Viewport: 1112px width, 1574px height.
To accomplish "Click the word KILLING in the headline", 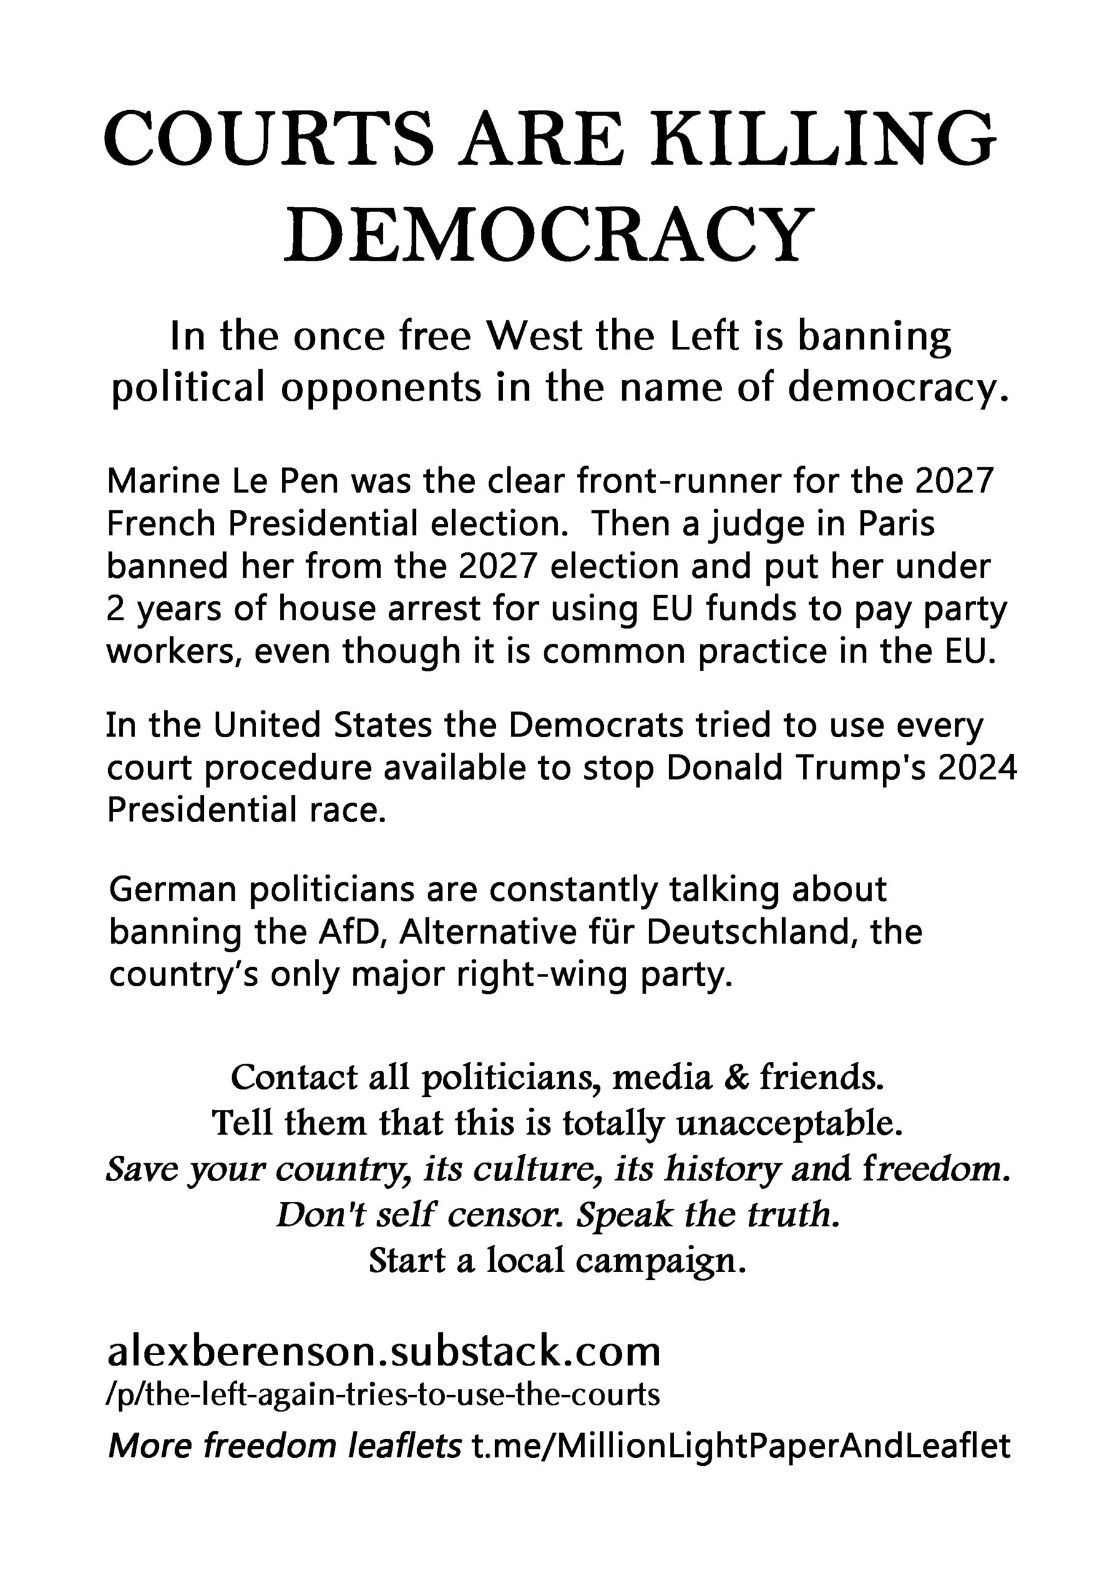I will pos(822,140).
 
